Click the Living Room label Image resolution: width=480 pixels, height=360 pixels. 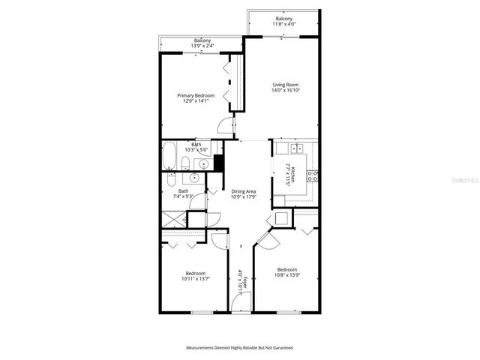[285, 85]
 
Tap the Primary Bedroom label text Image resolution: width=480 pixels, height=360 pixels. [196, 95]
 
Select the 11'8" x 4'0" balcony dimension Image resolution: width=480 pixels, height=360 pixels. [284, 24]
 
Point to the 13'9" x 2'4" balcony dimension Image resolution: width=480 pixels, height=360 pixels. [202, 46]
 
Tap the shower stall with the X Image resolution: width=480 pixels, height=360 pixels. [173, 221]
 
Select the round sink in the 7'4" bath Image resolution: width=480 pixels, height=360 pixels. [193, 178]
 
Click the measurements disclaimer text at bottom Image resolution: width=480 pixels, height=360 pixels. [240, 348]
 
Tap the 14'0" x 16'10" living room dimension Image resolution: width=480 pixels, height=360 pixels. [285, 91]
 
